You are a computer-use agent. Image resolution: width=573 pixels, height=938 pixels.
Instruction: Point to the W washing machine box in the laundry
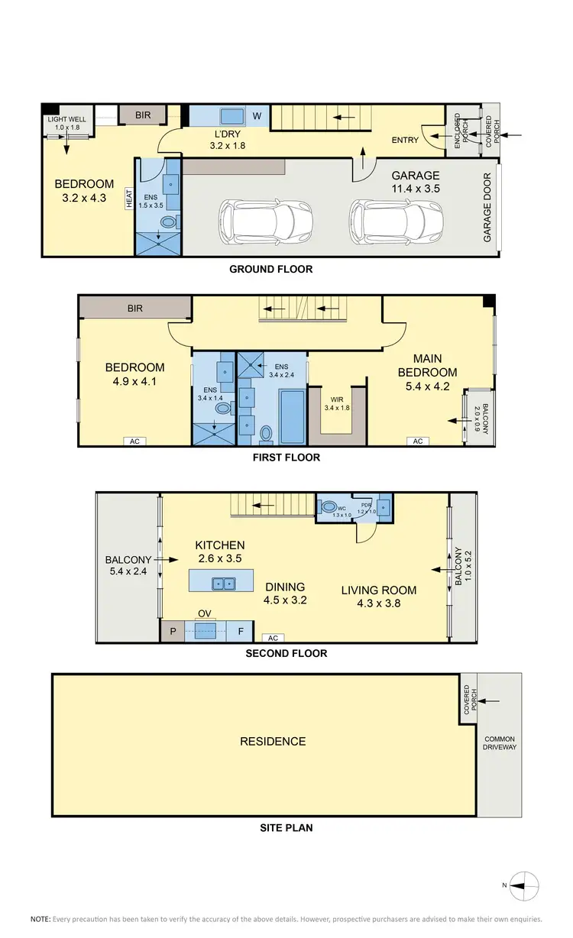point(257,116)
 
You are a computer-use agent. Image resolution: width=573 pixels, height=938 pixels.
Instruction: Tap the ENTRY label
point(404,140)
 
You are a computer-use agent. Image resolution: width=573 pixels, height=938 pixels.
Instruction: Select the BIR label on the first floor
point(134,309)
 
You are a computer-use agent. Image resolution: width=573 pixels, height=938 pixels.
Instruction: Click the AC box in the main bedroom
point(418,442)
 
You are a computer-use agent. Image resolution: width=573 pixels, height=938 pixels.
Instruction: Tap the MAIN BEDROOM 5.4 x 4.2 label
point(435,372)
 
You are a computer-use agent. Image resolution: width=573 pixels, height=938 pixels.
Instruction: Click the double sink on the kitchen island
point(225,584)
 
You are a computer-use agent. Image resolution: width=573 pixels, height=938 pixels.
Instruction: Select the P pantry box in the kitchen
point(173,632)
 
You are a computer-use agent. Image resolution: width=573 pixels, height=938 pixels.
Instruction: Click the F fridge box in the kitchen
point(241,632)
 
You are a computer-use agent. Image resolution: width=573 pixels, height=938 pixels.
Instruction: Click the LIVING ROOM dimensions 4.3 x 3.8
point(379,603)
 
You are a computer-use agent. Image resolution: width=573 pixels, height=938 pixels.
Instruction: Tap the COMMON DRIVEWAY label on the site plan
point(500,742)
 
